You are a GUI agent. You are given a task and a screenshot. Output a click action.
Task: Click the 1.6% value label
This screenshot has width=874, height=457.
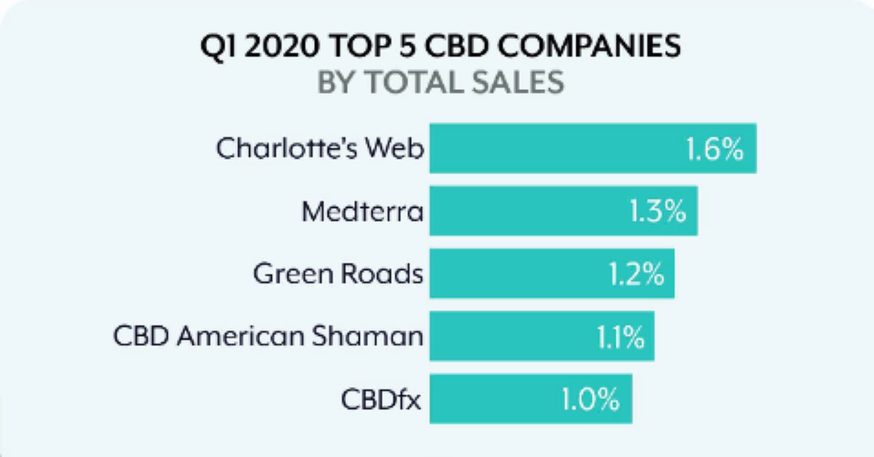coord(715,149)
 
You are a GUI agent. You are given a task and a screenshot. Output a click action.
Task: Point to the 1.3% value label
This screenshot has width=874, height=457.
coord(658,211)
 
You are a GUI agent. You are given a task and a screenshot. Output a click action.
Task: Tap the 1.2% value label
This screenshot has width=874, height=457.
coord(637,275)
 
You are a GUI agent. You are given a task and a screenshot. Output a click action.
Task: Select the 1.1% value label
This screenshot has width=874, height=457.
coord(620,337)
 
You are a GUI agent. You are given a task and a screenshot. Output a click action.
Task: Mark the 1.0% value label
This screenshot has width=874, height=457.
coord(591,399)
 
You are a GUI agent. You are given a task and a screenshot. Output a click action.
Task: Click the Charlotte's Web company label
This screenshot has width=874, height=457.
coord(320,148)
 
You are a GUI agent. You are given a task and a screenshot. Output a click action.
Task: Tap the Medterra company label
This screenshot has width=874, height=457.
coord(362,211)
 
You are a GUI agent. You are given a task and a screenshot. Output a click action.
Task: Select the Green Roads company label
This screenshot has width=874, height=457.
coord(338,274)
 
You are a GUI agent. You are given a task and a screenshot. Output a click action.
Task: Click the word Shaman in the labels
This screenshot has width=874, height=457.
coord(368,336)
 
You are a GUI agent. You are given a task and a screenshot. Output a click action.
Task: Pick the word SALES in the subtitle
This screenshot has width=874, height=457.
coord(518,82)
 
